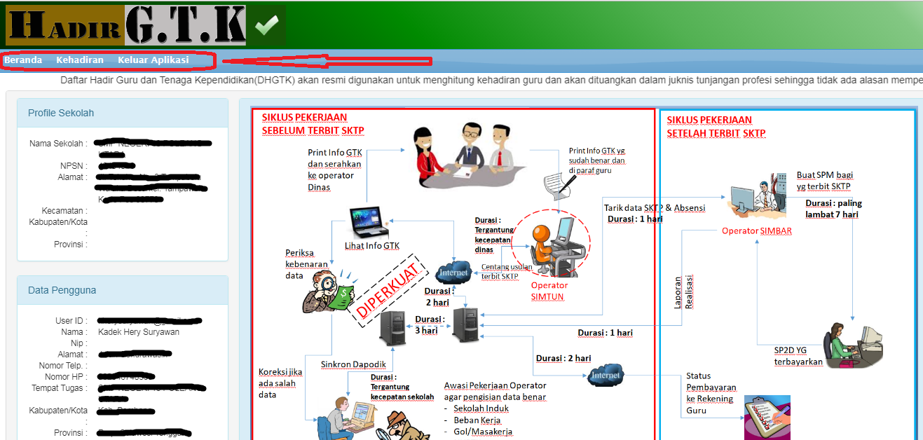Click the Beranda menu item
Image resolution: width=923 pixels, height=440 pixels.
click(x=23, y=60)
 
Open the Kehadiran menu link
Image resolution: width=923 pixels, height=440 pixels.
click(x=80, y=60)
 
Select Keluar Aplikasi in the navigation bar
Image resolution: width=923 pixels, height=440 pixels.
click(x=153, y=60)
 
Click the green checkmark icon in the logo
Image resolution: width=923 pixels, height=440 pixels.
click(x=266, y=26)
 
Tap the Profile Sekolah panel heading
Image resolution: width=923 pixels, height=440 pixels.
click(x=61, y=113)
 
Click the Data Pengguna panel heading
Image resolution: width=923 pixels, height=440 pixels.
click(x=62, y=290)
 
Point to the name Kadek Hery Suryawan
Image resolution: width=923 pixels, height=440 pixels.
click(x=139, y=332)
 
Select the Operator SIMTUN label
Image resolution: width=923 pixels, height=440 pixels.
click(x=549, y=291)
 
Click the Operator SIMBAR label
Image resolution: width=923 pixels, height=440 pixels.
click(x=757, y=231)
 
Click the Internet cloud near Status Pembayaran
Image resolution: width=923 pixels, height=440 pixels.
click(x=605, y=375)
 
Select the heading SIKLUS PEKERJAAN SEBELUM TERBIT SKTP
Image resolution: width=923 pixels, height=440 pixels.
click(x=313, y=124)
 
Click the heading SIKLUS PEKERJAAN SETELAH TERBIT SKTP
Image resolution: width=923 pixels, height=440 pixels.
click(x=716, y=127)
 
